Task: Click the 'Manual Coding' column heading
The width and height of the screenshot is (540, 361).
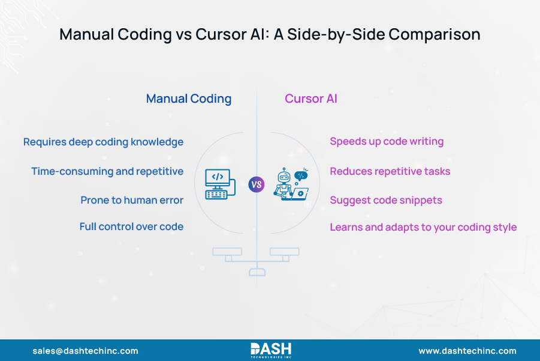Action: coord(189,99)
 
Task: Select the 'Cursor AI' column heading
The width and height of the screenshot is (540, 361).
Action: coord(310,99)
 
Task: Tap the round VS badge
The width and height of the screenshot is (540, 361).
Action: coord(257,184)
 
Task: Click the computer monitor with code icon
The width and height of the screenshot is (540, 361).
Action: coord(218,178)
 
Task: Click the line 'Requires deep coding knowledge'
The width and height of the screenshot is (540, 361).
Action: coord(103,142)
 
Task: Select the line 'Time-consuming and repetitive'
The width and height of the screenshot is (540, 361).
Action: coord(107,171)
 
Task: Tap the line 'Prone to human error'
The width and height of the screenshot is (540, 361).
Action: coord(132,200)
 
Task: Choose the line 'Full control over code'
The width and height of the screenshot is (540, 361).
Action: coord(131,226)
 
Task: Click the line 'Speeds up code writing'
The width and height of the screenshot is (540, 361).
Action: coord(387,142)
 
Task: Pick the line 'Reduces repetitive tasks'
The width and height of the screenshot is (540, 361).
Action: coord(390,171)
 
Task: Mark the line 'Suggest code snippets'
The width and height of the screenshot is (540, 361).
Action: coord(386,200)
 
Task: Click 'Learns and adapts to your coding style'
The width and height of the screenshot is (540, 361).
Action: coord(423,227)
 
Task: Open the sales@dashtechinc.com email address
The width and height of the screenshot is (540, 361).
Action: coord(85,351)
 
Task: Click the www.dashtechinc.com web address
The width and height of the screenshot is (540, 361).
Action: coord(467,351)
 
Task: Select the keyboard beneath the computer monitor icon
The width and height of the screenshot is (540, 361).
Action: coord(216,194)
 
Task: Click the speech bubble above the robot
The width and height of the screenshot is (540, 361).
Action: coord(301,175)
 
